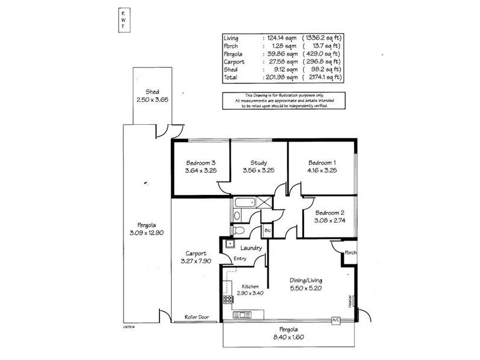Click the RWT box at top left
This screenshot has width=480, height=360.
click(x=124, y=20)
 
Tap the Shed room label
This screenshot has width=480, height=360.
click(x=147, y=91)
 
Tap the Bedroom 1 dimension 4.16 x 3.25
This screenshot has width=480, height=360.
click(x=322, y=171)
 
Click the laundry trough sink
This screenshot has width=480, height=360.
click(x=229, y=243)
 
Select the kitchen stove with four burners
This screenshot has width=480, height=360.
click(x=228, y=299)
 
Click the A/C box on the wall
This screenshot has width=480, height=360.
click(x=335, y=321)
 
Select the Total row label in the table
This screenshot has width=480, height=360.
click(x=230, y=77)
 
